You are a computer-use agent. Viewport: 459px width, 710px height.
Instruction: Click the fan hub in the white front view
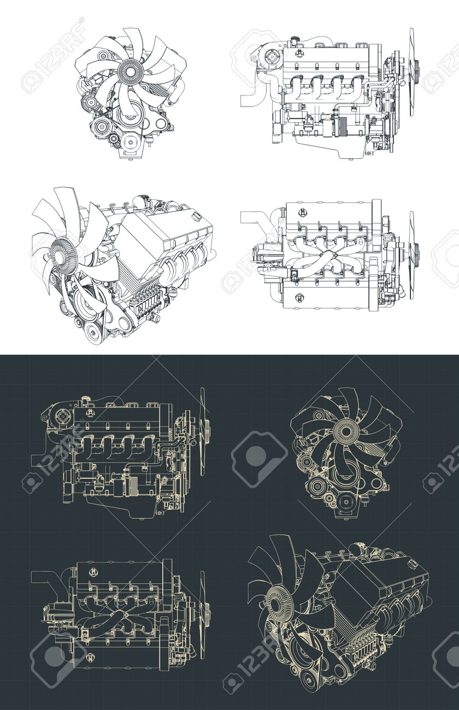pos(130,70)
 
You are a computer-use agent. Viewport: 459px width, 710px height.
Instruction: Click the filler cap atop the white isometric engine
pos(196,218)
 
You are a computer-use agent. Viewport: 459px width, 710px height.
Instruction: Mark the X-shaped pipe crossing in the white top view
pos(327,255)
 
